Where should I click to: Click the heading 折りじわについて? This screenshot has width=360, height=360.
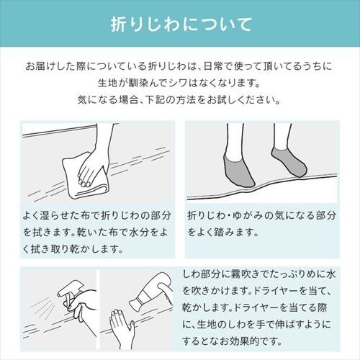click(180, 24)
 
